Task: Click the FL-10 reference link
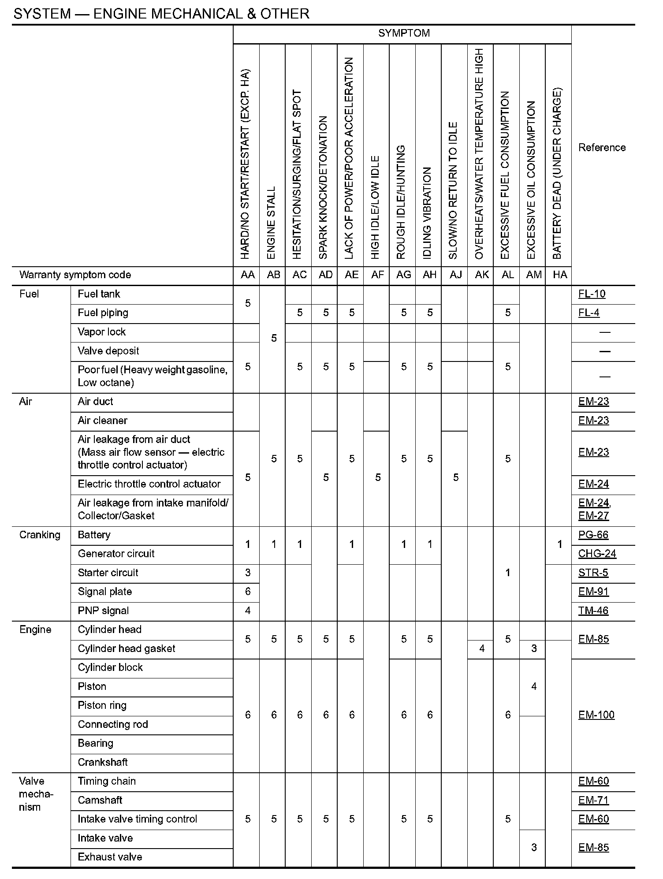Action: [592, 294]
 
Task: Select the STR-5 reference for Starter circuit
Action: [593, 573]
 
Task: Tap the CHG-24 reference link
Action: [597, 554]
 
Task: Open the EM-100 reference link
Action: [596, 715]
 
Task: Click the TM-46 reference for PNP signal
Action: [593, 611]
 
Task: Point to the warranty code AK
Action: [481, 275]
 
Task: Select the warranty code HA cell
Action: [559, 275]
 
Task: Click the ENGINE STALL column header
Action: [272, 223]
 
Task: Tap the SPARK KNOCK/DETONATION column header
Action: [324, 187]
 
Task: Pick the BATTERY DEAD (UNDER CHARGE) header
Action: [557, 174]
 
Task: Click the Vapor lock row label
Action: [101, 332]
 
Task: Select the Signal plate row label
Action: [104, 592]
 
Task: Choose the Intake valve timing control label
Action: [137, 819]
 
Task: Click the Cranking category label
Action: [40, 535]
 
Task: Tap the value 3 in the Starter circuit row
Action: [248, 573]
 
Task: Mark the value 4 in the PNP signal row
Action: [248, 611]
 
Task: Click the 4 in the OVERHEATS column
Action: [481, 648]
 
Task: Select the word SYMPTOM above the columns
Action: [404, 34]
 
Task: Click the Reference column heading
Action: [602, 148]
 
